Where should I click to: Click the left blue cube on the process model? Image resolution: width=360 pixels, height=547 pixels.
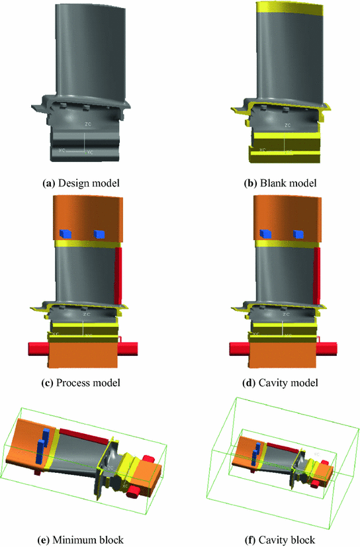(65, 233)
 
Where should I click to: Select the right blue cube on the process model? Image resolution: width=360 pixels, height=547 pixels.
(100, 233)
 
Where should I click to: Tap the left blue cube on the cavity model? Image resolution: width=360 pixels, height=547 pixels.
(265, 233)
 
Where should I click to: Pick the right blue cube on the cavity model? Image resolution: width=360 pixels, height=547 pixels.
(300, 233)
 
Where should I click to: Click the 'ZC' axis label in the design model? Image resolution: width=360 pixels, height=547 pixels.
(87, 124)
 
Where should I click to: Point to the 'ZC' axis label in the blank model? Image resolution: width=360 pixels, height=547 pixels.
(288, 124)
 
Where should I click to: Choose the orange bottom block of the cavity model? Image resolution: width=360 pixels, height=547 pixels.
(282, 357)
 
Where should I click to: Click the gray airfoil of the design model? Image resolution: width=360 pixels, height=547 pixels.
(84, 53)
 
